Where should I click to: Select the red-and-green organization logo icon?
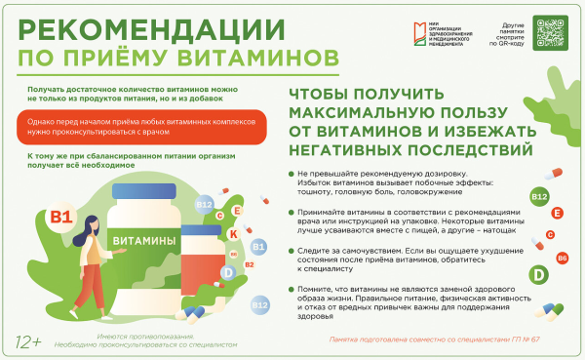[422, 25]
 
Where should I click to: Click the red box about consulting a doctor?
[141, 126]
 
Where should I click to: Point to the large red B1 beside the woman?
[61, 215]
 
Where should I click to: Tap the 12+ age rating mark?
[29, 341]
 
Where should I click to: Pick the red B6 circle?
[563, 257]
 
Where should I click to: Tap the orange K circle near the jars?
[234, 233]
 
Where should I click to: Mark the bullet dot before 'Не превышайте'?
[290, 172]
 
